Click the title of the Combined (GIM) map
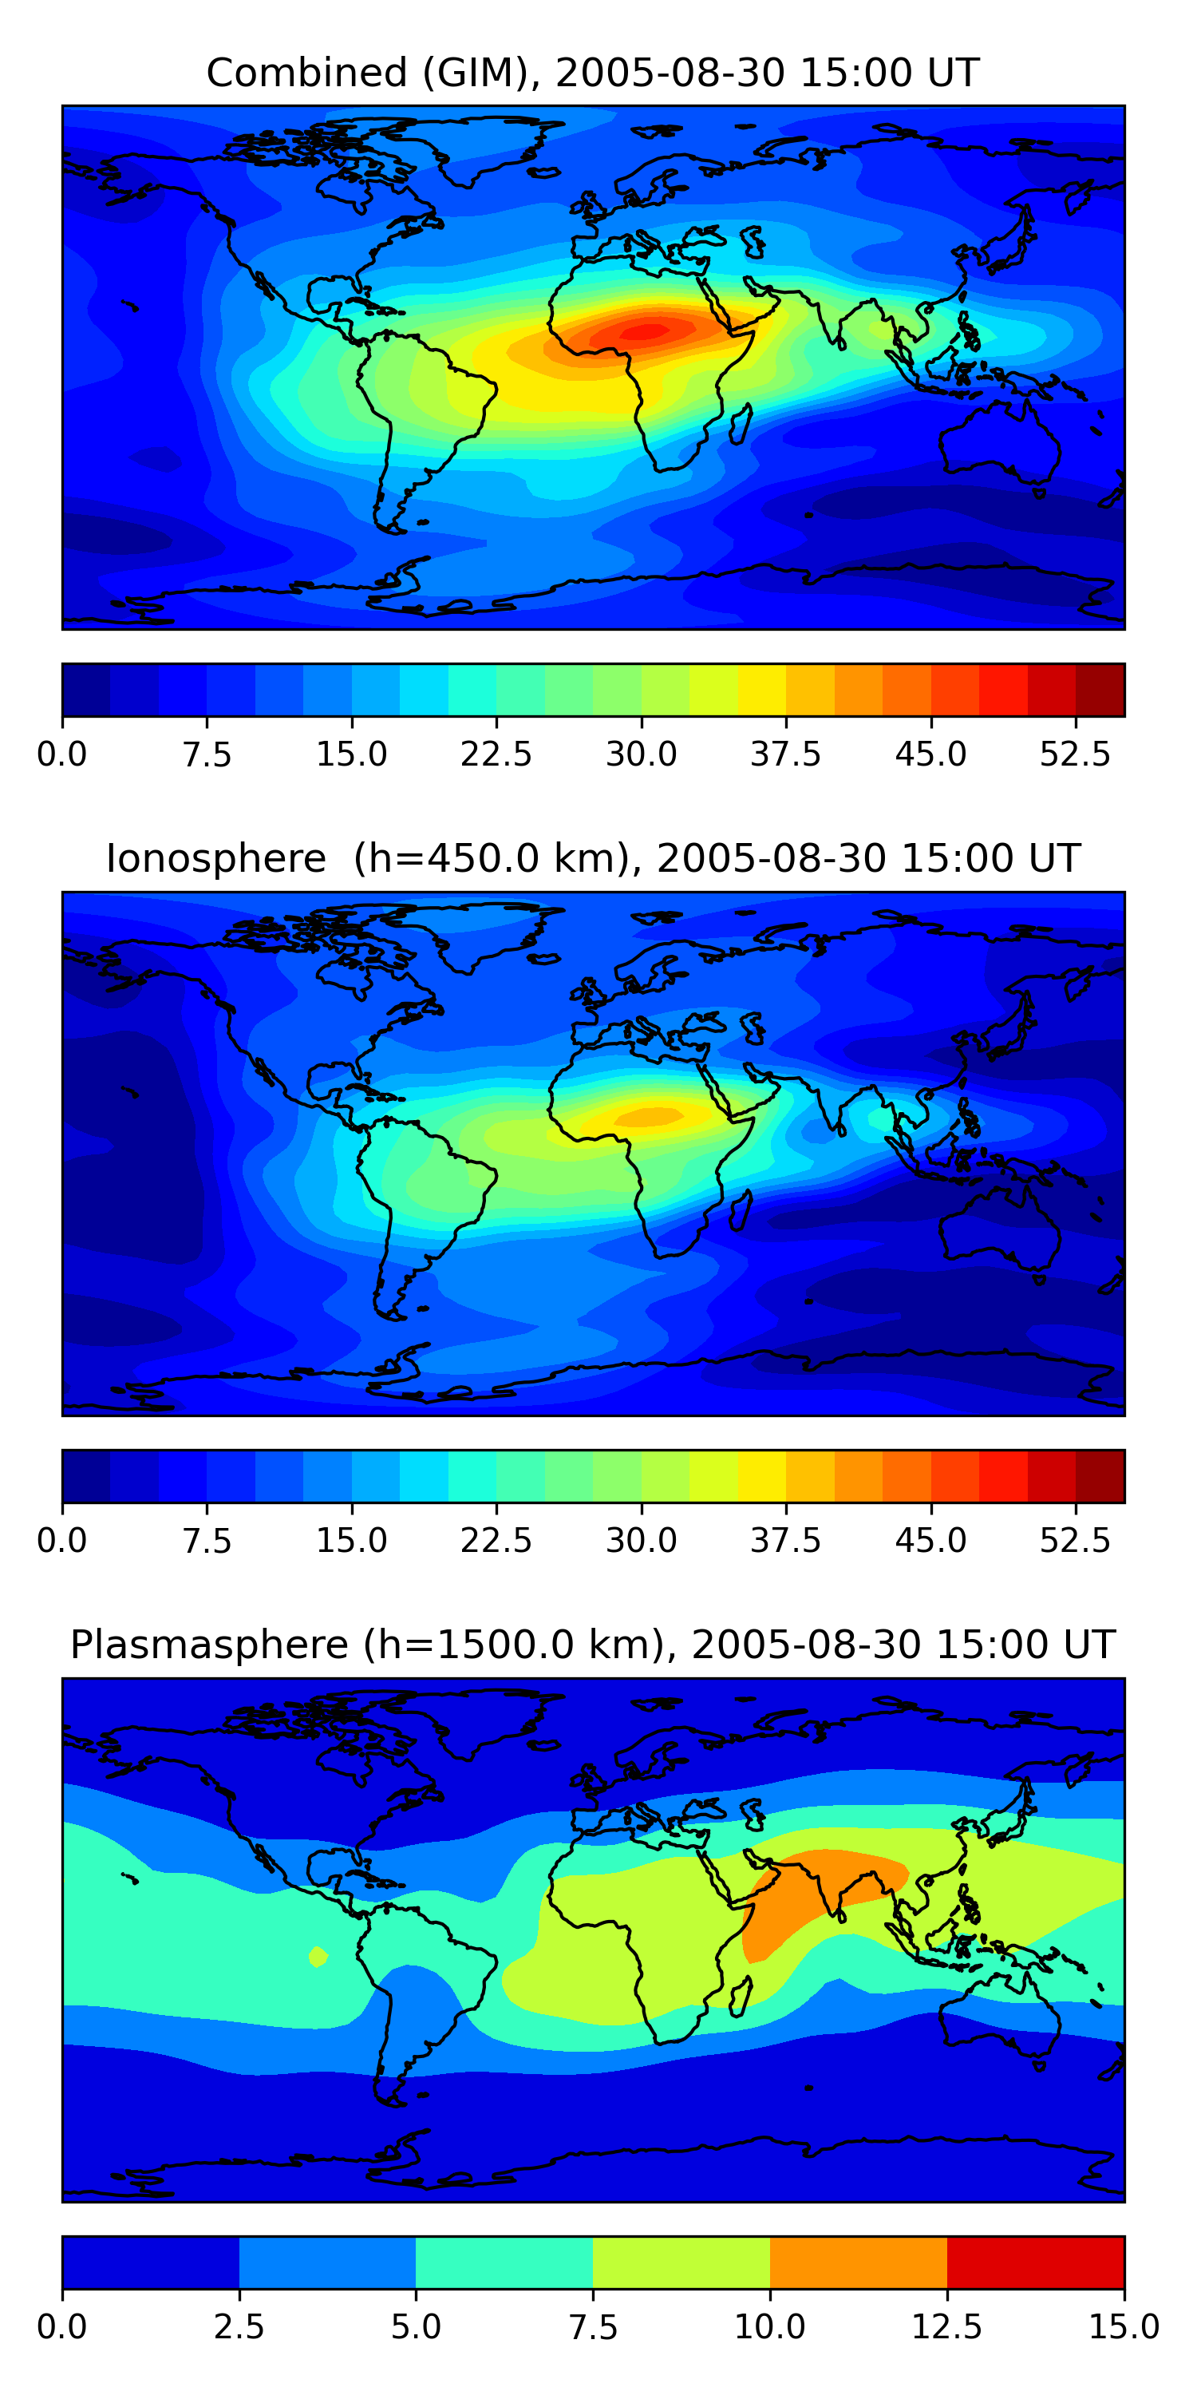593,73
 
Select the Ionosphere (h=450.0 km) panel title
593,858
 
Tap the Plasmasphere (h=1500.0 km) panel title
593,1644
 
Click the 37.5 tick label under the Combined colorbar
785,754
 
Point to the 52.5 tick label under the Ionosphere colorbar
1074,1541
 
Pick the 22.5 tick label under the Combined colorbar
496,754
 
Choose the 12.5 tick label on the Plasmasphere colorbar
947,2326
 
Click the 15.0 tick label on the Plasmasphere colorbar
1124,2326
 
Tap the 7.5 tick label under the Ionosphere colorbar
207,1541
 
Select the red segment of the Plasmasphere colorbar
1035,2262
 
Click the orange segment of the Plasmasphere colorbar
858,2262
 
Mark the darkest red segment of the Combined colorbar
1100,690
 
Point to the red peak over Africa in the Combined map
646,330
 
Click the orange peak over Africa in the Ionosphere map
650,1116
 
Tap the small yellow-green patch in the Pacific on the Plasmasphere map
318,1956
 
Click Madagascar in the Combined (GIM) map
741,423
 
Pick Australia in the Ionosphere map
999,1227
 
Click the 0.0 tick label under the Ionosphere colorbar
62,1541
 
